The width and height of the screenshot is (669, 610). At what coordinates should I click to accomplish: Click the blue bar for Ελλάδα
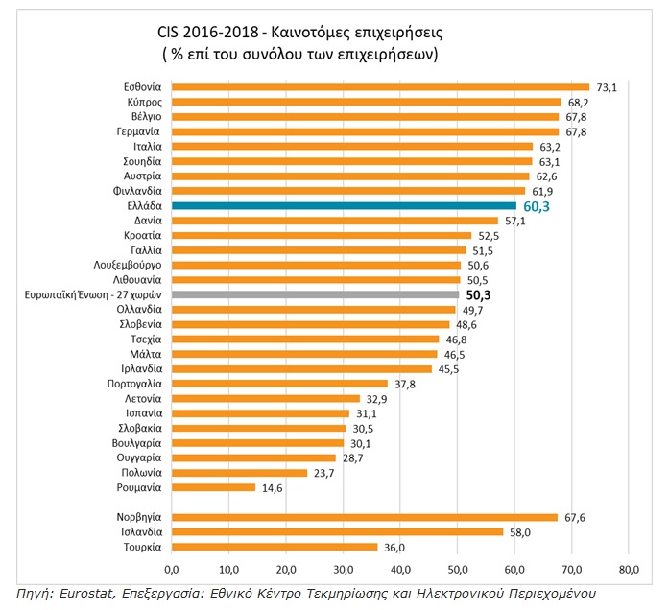coord(344,205)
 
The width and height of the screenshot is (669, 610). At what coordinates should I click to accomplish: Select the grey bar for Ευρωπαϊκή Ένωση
coord(316,294)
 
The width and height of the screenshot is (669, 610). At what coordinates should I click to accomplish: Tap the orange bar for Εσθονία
coord(380,86)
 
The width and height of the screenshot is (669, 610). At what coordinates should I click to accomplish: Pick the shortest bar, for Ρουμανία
coord(213,487)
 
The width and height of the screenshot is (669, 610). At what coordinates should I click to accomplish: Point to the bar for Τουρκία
coord(274,547)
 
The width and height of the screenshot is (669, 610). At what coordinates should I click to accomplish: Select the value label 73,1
coord(607,86)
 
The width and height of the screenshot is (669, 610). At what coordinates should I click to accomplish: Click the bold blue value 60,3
coord(538,205)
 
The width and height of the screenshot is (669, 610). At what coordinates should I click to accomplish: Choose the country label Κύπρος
coord(144,102)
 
